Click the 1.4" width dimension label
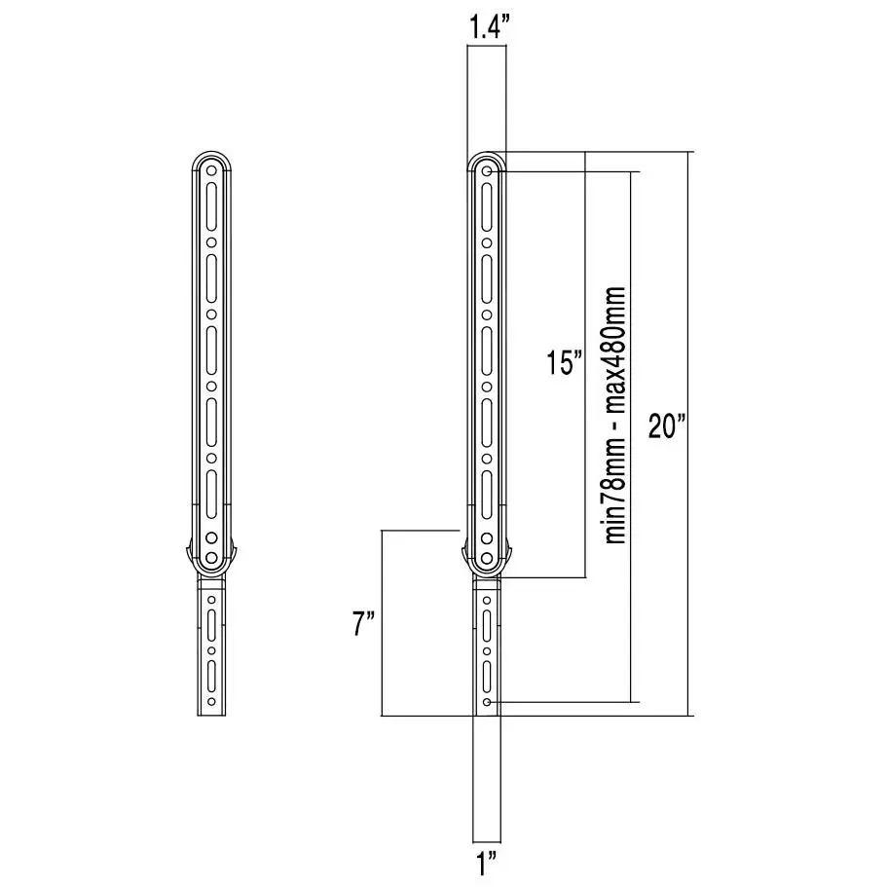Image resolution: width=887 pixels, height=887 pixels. coord(487,27)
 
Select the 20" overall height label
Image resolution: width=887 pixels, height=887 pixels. coord(668,425)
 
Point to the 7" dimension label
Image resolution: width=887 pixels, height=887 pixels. coord(364,624)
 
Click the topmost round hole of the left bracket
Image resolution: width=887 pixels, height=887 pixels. coord(211,170)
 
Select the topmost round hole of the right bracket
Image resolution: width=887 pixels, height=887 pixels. coord(487,170)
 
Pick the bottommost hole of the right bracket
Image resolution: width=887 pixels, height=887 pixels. coord(487,702)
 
